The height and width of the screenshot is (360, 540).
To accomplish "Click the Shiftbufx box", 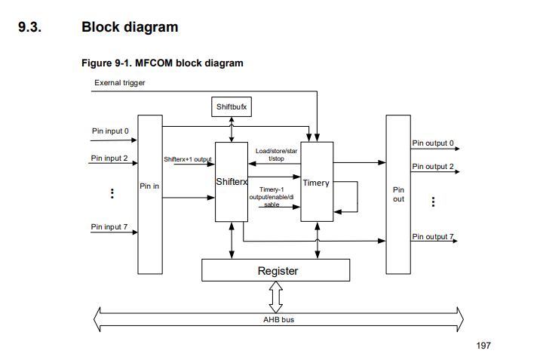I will pyautogui.click(x=232, y=107).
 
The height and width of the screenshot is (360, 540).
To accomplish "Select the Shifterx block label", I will pyautogui.click(x=232, y=182).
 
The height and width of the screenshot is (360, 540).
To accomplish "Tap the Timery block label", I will pyautogui.click(x=315, y=183).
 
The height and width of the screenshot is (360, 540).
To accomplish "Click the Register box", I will pyautogui.click(x=277, y=270).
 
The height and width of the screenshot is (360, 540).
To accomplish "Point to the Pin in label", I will pyautogui.click(x=150, y=186).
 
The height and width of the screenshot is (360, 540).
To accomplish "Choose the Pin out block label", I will pyautogui.click(x=398, y=194).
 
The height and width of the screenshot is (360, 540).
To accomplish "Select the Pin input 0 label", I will pyautogui.click(x=110, y=131).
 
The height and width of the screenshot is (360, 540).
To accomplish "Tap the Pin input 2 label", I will pyautogui.click(x=110, y=158).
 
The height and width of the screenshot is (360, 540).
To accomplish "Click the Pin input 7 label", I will pyautogui.click(x=110, y=226).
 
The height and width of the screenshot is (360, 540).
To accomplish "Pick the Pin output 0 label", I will pyautogui.click(x=433, y=143).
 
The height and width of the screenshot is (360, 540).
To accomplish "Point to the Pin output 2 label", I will pyautogui.click(x=433, y=166).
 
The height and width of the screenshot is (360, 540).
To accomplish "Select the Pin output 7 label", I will pyautogui.click(x=433, y=236).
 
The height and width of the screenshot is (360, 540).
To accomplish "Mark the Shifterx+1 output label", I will pyautogui.click(x=188, y=159).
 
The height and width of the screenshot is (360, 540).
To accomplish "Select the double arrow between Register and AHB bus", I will pyautogui.click(x=276, y=297).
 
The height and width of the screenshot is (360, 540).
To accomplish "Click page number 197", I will pyautogui.click(x=483, y=346).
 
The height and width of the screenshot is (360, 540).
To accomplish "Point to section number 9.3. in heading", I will pyautogui.click(x=32, y=27).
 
